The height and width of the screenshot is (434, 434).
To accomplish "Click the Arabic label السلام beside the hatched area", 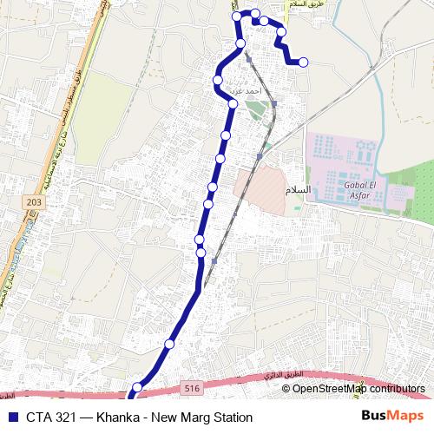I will [x=296, y=188].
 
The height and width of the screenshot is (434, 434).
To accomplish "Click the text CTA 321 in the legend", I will [x=49, y=417].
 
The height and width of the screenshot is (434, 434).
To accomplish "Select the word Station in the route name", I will [x=231, y=417].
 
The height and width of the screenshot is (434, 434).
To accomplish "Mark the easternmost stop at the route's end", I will [x=303, y=62].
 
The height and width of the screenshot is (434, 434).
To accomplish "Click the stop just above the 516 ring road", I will [x=136, y=388].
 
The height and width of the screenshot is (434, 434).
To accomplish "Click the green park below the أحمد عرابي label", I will [x=253, y=110].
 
